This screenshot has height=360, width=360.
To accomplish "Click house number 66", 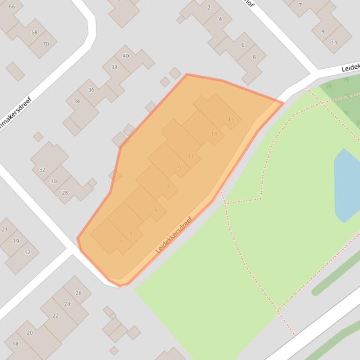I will pos(12,7).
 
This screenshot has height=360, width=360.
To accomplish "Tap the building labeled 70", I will pos(45,44).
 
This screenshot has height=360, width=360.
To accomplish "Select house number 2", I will pos(209,7).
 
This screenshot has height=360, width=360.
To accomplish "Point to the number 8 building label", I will pos(254,57).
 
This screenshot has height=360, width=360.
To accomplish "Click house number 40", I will pos(125,56).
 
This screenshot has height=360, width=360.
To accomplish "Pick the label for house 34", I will pos(77,101).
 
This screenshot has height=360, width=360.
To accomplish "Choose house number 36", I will pos(91,90).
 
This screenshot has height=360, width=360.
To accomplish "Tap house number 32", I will pos(42,170).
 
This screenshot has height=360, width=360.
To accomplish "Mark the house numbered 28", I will pos(65,193).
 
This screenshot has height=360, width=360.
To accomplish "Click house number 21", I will pos(5,230).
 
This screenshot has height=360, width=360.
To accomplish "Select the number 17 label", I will pos(27,252).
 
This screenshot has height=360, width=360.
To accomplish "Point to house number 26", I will pos(78,293).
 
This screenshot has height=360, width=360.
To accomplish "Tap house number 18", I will pos(15,344).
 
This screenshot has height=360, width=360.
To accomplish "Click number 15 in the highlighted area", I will pos(231,120).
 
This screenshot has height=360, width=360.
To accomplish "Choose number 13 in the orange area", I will pos(214,134).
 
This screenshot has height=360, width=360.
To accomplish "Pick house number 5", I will pos(156,210).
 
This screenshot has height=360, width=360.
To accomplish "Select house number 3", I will pos(130,233).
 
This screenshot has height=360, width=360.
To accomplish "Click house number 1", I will pos(122,242).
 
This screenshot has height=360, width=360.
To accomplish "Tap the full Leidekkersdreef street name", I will pos(174,235).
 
